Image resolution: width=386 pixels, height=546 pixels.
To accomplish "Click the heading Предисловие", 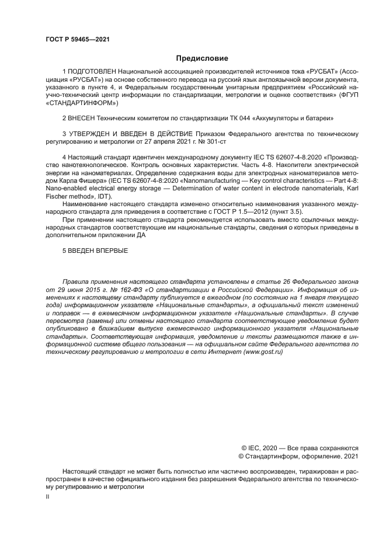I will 203,58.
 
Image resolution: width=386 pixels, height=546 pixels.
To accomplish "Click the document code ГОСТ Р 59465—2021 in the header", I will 78,40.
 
